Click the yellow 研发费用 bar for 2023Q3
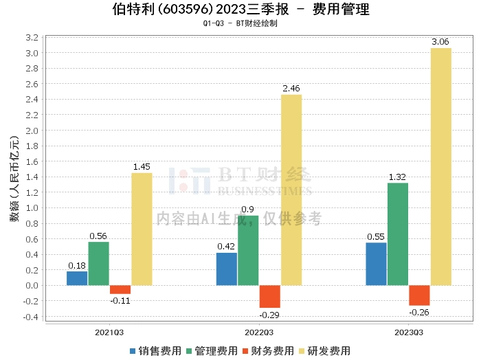tap(440, 166)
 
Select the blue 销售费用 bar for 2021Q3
tap(77, 278)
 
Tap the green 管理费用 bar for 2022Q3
tap(248, 250)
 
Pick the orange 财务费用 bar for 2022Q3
tap(269, 296)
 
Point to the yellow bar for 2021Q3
tap(142, 229)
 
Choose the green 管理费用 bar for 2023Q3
tap(398, 234)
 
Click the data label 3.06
tap(440, 42)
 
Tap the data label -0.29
tap(269, 314)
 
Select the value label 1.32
tap(398, 177)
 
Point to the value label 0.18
tap(77, 265)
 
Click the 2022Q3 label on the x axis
tap(258, 333)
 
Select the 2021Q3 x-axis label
tap(109, 333)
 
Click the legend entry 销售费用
tap(155, 350)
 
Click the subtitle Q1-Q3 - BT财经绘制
tap(240, 23)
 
